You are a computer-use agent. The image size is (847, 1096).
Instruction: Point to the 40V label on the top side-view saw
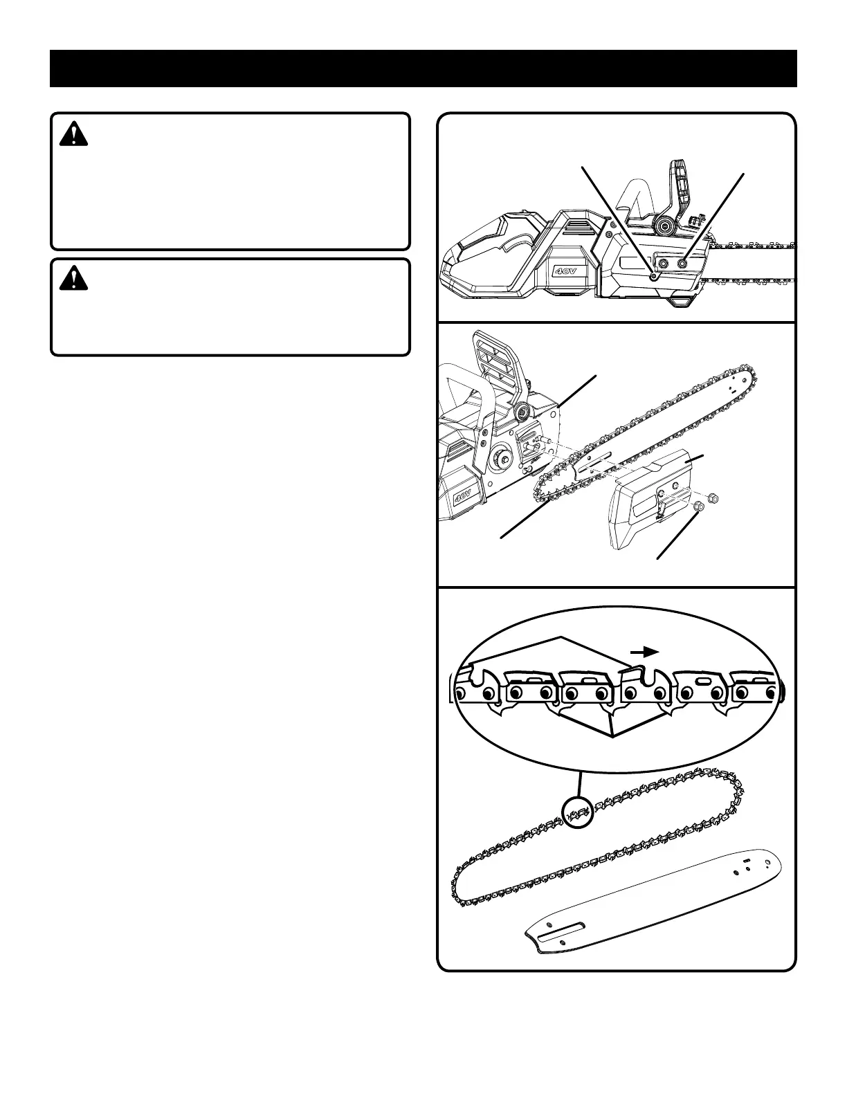(571, 270)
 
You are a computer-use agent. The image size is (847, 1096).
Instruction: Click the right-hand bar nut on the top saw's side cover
(684, 264)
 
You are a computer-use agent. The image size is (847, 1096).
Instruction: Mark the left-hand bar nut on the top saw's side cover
(664, 264)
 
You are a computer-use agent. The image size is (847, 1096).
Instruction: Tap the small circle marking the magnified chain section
(578, 812)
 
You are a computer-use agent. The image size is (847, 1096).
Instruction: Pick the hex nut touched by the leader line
(698, 507)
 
